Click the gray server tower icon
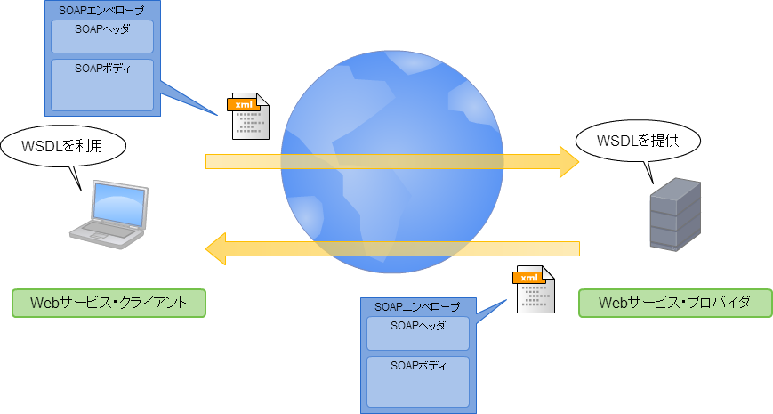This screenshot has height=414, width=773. tap(674, 215)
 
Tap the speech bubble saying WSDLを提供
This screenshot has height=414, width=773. tap(637, 140)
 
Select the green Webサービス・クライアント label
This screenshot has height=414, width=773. tap(109, 303)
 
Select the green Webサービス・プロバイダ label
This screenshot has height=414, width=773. tap(673, 303)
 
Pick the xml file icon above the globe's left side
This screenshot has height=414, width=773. tap(249, 117)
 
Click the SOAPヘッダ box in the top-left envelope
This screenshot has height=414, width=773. tap(102, 36)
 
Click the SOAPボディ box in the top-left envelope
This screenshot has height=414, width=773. tap(102, 85)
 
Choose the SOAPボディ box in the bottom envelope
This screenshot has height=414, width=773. tap(417, 382)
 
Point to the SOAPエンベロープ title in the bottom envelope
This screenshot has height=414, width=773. tap(417, 306)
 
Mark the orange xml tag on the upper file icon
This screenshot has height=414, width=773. tap(243, 105)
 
